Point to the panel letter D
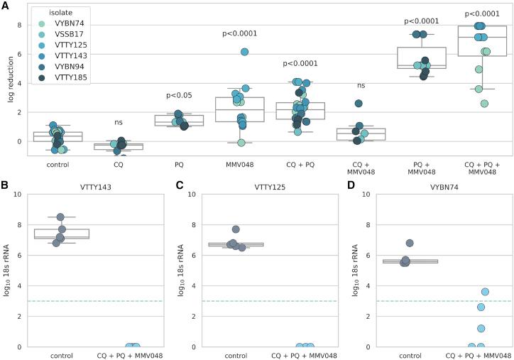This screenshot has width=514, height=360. pyautogui.click(x=349, y=188)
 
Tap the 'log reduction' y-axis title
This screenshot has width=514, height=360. pyautogui.click(x=11, y=80)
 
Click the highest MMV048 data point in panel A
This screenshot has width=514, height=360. pyautogui.click(x=244, y=52)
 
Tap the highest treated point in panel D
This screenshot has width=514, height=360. pyautogui.click(x=485, y=292)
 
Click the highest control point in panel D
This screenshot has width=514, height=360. pyautogui.click(x=410, y=243)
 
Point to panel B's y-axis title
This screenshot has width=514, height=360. pyautogui.click(x=11, y=271)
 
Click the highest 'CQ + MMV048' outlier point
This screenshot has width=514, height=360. pyautogui.click(x=360, y=104)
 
